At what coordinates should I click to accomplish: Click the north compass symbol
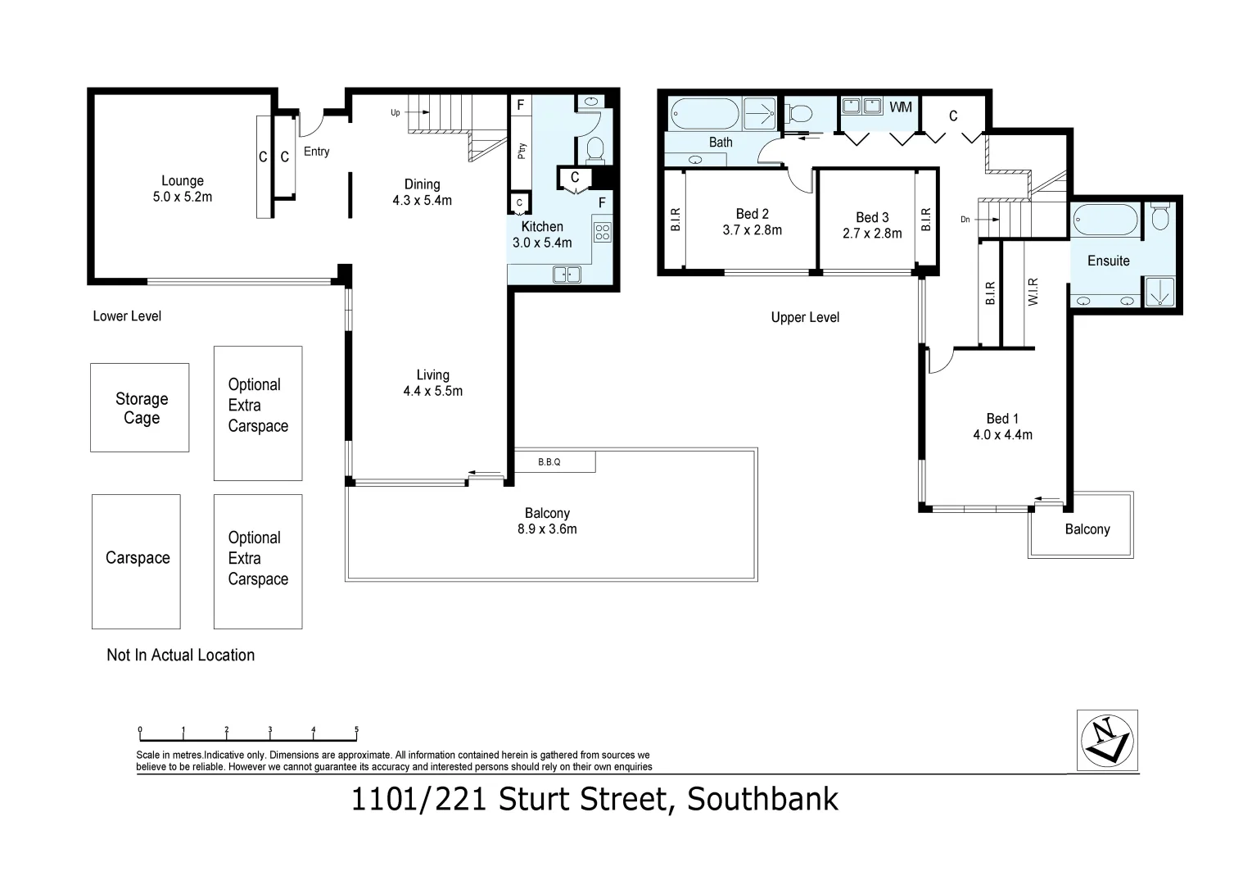[x=1108, y=740]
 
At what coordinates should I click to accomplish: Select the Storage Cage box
[x=140, y=408]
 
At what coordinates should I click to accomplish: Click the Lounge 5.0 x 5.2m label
[x=182, y=188]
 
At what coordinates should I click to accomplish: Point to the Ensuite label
[x=1108, y=261]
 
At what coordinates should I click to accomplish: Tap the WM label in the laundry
[x=900, y=107]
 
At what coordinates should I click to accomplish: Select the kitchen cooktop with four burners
[x=602, y=232]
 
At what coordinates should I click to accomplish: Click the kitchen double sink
[x=567, y=275]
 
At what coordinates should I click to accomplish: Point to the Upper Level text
[x=805, y=317]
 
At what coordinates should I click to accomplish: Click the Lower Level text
[x=127, y=316]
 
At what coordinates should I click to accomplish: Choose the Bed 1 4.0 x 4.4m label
[x=1002, y=427]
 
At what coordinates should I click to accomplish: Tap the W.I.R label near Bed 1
[x=1033, y=293]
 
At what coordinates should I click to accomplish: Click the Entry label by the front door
[x=316, y=152]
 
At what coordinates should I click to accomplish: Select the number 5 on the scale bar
[x=356, y=729]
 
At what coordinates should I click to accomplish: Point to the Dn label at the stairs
[x=966, y=220]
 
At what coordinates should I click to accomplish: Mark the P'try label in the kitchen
[x=522, y=151]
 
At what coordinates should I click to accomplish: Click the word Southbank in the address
[x=762, y=799]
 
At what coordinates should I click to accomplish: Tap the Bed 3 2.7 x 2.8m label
[x=872, y=225]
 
